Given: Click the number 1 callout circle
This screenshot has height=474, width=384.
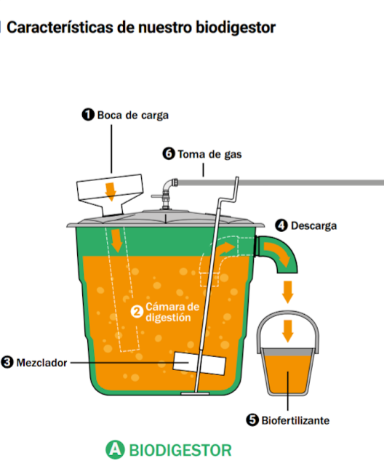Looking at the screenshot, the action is click(x=88, y=115).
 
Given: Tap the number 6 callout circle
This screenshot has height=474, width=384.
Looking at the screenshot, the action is click(x=169, y=153).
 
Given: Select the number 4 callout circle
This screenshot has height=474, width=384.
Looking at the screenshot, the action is click(x=281, y=225).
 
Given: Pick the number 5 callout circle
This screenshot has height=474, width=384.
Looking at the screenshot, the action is click(x=252, y=420).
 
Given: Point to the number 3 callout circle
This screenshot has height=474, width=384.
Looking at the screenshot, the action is click(x=7, y=362).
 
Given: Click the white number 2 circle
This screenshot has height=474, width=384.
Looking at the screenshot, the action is click(x=137, y=312).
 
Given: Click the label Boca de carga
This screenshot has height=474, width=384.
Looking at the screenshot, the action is click(x=133, y=116).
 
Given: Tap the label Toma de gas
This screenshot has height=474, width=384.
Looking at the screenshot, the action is click(x=209, y=154).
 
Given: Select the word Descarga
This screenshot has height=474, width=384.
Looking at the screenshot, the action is click(x=313, y=226).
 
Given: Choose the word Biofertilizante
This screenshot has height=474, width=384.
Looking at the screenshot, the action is click(x=295, y=420).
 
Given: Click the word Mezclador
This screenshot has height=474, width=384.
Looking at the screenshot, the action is click(x=41, y=363).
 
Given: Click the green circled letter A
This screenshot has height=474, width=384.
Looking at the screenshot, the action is click(x=115, y=449).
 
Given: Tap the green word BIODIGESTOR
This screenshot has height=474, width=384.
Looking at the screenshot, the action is click(x=180, y=450).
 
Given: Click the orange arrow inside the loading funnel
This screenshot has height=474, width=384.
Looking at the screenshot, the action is click(x=111, y=192).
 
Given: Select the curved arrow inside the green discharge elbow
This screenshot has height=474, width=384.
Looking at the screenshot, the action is click(x=277, y=253).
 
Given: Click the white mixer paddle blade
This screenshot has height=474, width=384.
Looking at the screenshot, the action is click(x=199, y=363).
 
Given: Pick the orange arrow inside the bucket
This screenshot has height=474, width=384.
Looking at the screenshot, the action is click(x=287, y=331).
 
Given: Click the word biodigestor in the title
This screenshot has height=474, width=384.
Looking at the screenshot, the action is click(x=236, y=28).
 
